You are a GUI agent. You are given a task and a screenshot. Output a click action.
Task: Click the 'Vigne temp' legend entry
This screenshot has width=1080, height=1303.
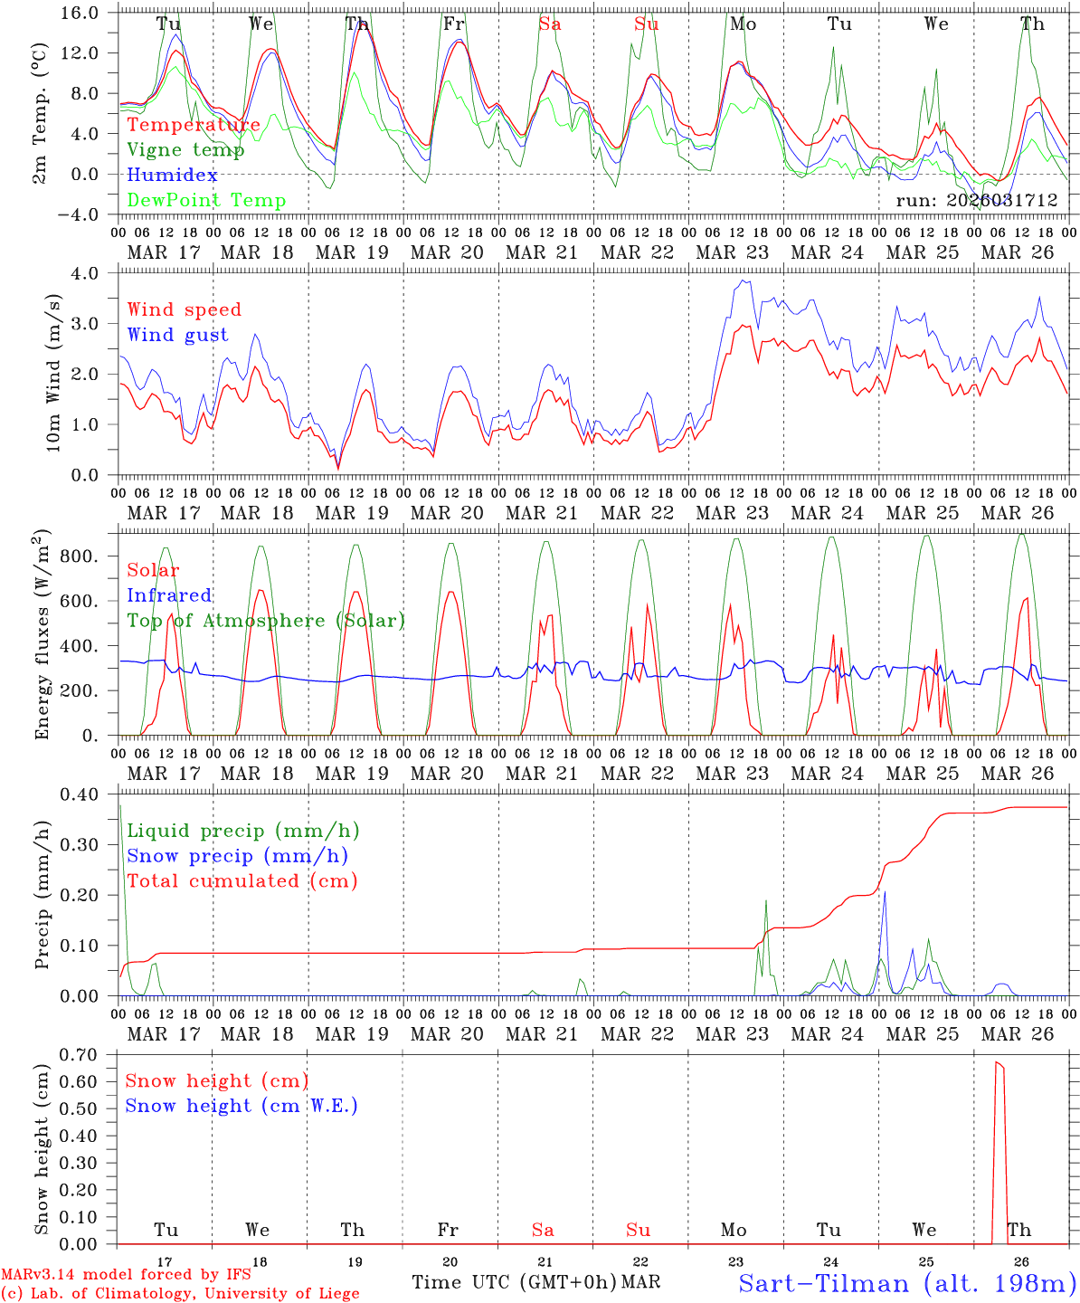click(185, 150)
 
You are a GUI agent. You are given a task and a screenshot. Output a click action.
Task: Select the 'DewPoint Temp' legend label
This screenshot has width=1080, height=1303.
click(206, 201)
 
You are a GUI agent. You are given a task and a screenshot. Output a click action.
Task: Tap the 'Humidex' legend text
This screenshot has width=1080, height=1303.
click(172, 176)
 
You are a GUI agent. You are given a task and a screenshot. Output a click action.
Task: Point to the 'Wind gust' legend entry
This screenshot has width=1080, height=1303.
click(177, 335)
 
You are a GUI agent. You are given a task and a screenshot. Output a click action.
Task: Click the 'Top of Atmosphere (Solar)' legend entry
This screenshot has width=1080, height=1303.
click(265, 621)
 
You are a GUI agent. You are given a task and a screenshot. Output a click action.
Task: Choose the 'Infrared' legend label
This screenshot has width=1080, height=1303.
click(169, 595)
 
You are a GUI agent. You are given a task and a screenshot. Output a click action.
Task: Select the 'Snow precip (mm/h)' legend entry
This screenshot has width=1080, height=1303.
click(237, 856)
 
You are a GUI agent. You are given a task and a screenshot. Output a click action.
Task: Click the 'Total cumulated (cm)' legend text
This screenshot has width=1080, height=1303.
click(242, 881)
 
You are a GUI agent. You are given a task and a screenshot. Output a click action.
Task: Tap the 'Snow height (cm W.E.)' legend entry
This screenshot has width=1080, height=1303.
click(242, 1106)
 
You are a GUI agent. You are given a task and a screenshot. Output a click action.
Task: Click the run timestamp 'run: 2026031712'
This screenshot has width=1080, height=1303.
click(976, 201)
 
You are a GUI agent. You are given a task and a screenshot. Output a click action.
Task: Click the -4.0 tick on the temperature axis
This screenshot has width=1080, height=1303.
click(80, 214)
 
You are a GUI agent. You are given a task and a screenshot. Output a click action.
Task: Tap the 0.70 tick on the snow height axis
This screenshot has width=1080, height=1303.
click(78, 1054)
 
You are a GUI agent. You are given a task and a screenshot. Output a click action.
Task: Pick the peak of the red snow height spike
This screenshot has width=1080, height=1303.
click(997, 1062)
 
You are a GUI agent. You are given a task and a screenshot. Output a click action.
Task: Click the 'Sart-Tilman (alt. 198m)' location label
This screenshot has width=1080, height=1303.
click(906, 1283)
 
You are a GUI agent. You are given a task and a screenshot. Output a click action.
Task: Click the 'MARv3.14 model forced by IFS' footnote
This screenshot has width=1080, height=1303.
click(126, 1275)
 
